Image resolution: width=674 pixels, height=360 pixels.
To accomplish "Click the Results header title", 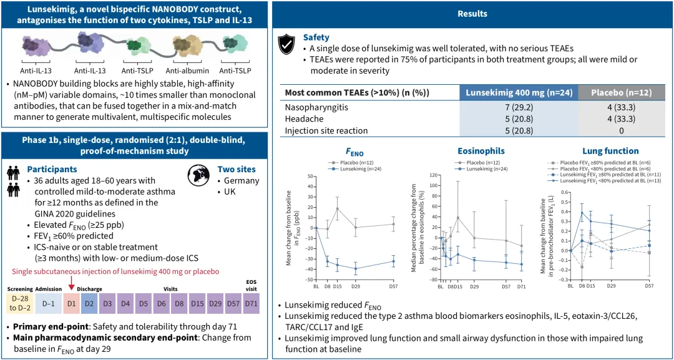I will click(x=472, y=14).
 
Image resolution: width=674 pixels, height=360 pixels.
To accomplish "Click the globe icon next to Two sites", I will click(x=199, y=173).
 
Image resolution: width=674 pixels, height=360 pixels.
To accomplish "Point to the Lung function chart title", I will click(x=610, y=151).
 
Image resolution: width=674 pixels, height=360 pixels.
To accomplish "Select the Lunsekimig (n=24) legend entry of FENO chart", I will click(x=353, y=168).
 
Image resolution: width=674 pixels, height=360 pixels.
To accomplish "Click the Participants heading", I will click(x=52, y=169).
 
